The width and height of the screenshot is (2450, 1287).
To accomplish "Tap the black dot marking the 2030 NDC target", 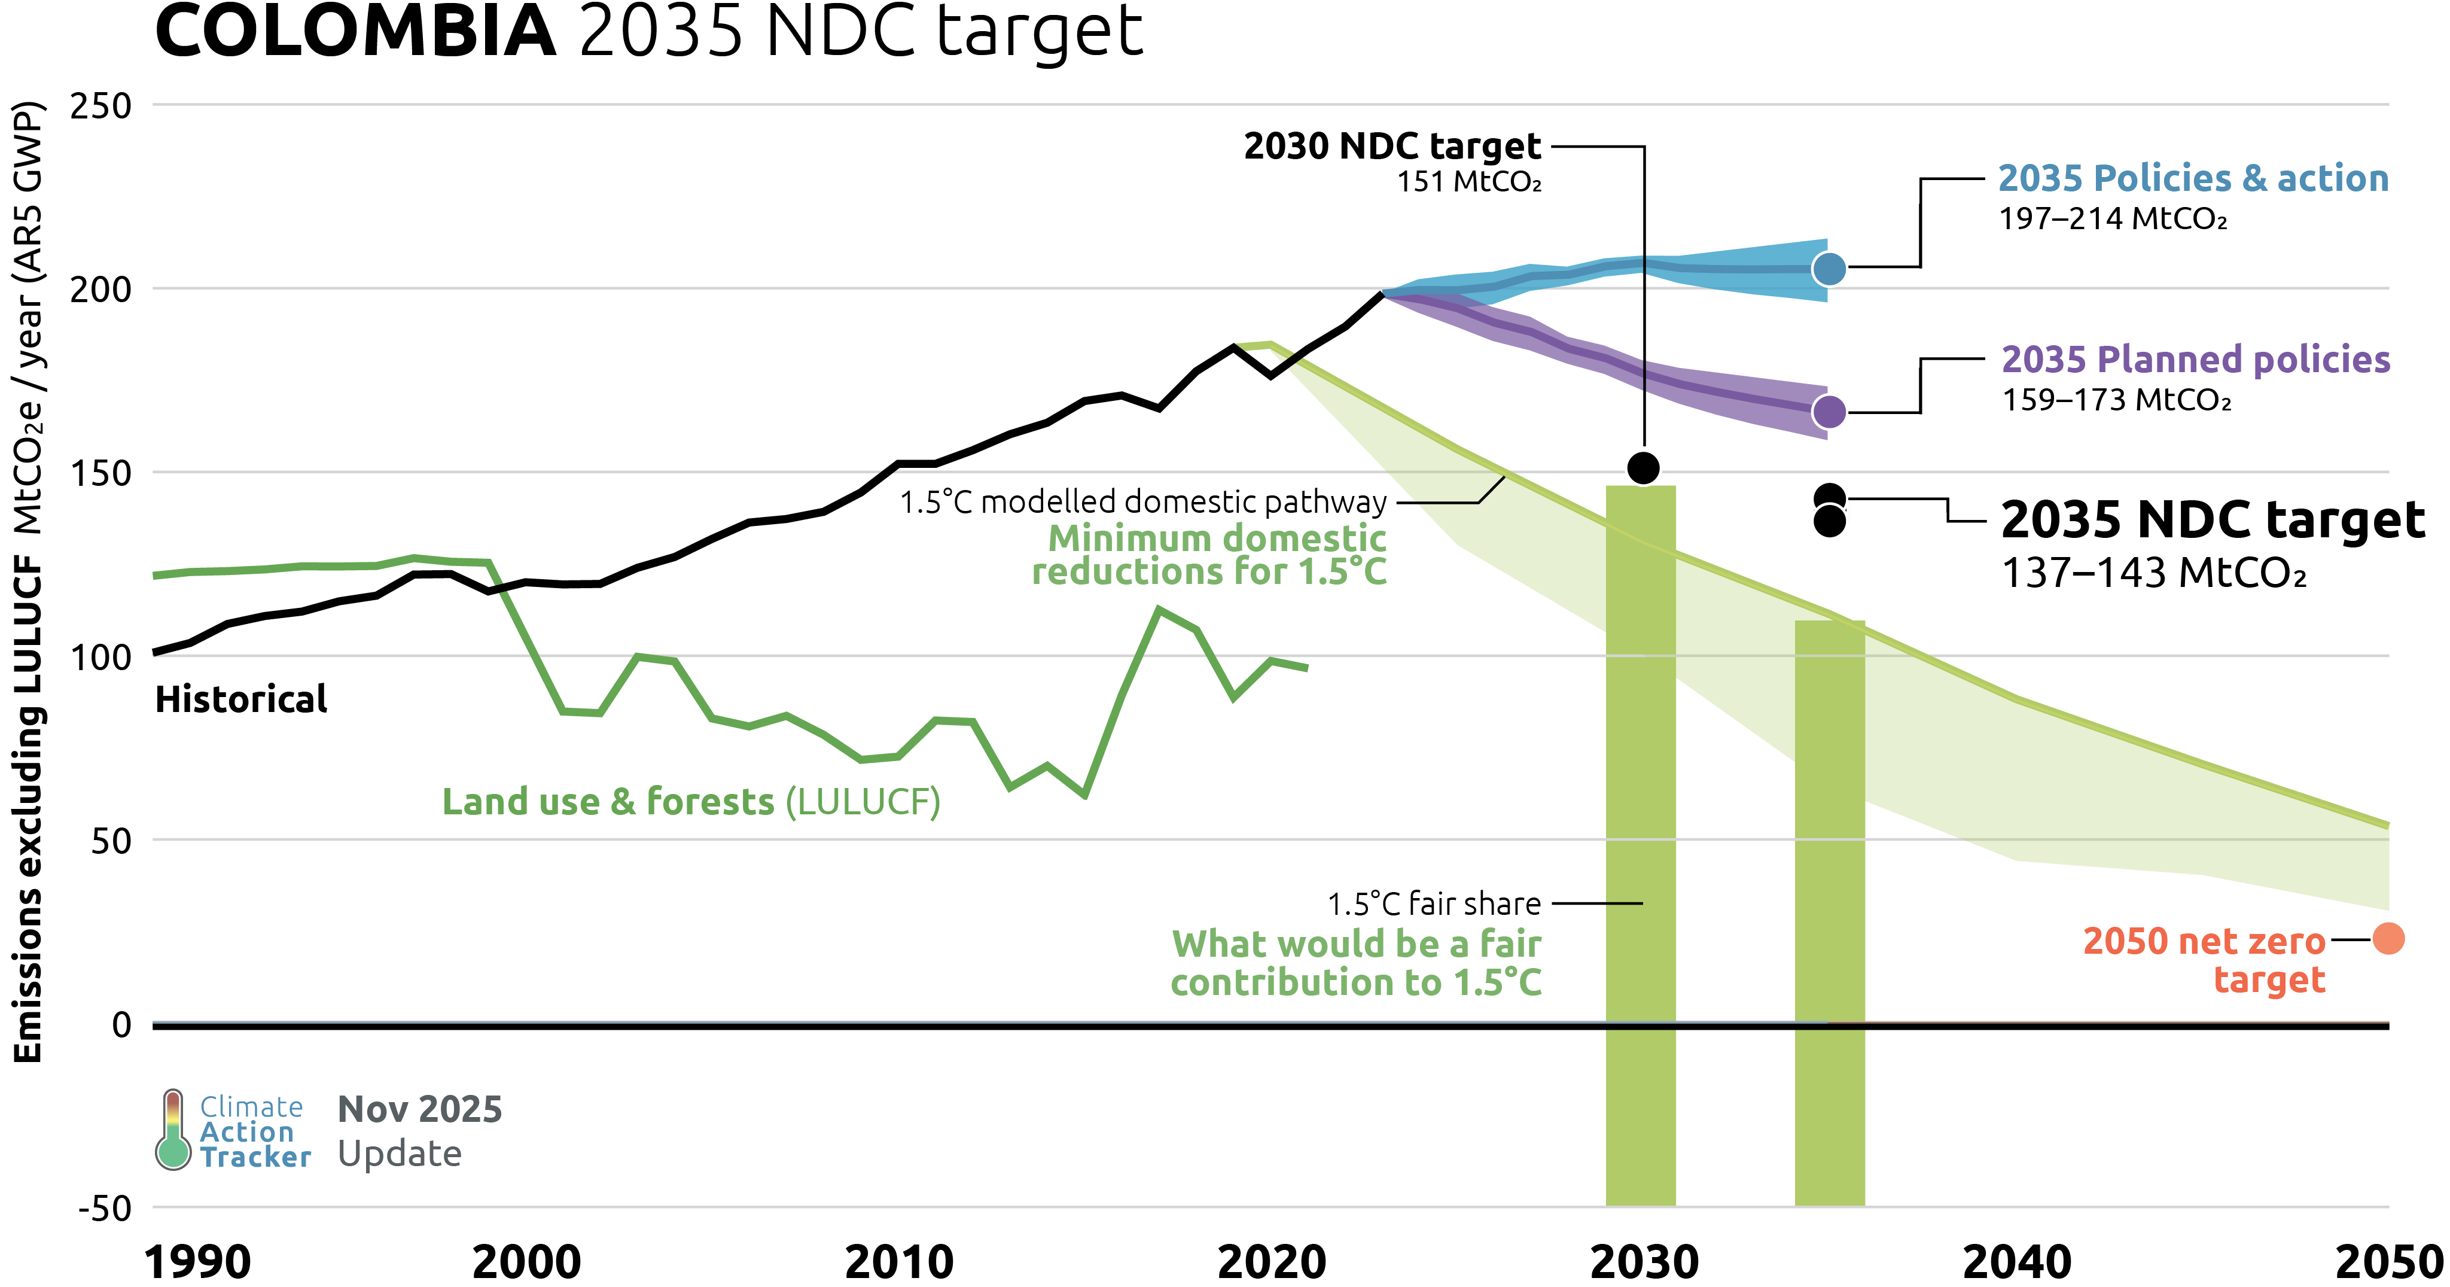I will pos(1644,467).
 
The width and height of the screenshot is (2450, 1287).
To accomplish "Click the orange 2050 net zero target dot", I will pos(2388,939).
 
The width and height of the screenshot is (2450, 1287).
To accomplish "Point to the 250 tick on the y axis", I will pos(101,105).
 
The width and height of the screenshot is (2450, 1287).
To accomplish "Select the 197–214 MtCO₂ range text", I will pos(2113,219).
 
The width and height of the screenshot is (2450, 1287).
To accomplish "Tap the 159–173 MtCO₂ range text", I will pos(2116,400).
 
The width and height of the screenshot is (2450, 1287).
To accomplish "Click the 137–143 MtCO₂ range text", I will pos(2153,574).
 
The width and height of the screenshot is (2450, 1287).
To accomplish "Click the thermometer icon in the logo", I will pos(173,1130).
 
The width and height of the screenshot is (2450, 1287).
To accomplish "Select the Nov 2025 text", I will pos(419,1109).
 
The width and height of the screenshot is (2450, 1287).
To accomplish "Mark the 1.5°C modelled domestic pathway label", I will pos(1143,501).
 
